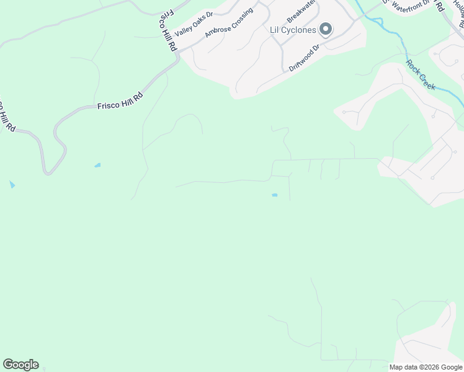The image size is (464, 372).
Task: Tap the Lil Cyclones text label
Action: [293, 29]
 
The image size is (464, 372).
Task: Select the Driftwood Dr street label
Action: [305, 57]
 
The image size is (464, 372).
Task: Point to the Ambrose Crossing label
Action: [229, 22]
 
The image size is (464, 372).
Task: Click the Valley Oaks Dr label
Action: [194, 25]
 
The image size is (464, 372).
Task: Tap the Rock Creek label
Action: [421, 75]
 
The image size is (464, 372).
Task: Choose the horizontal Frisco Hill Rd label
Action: [120, 101]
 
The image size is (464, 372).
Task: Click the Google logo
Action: [20, 365]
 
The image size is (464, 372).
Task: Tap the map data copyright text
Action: [426, 367]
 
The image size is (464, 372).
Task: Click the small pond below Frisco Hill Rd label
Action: [97, 165]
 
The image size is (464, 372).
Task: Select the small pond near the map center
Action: [274, 195]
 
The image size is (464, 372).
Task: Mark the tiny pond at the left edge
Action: [12, 185]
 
